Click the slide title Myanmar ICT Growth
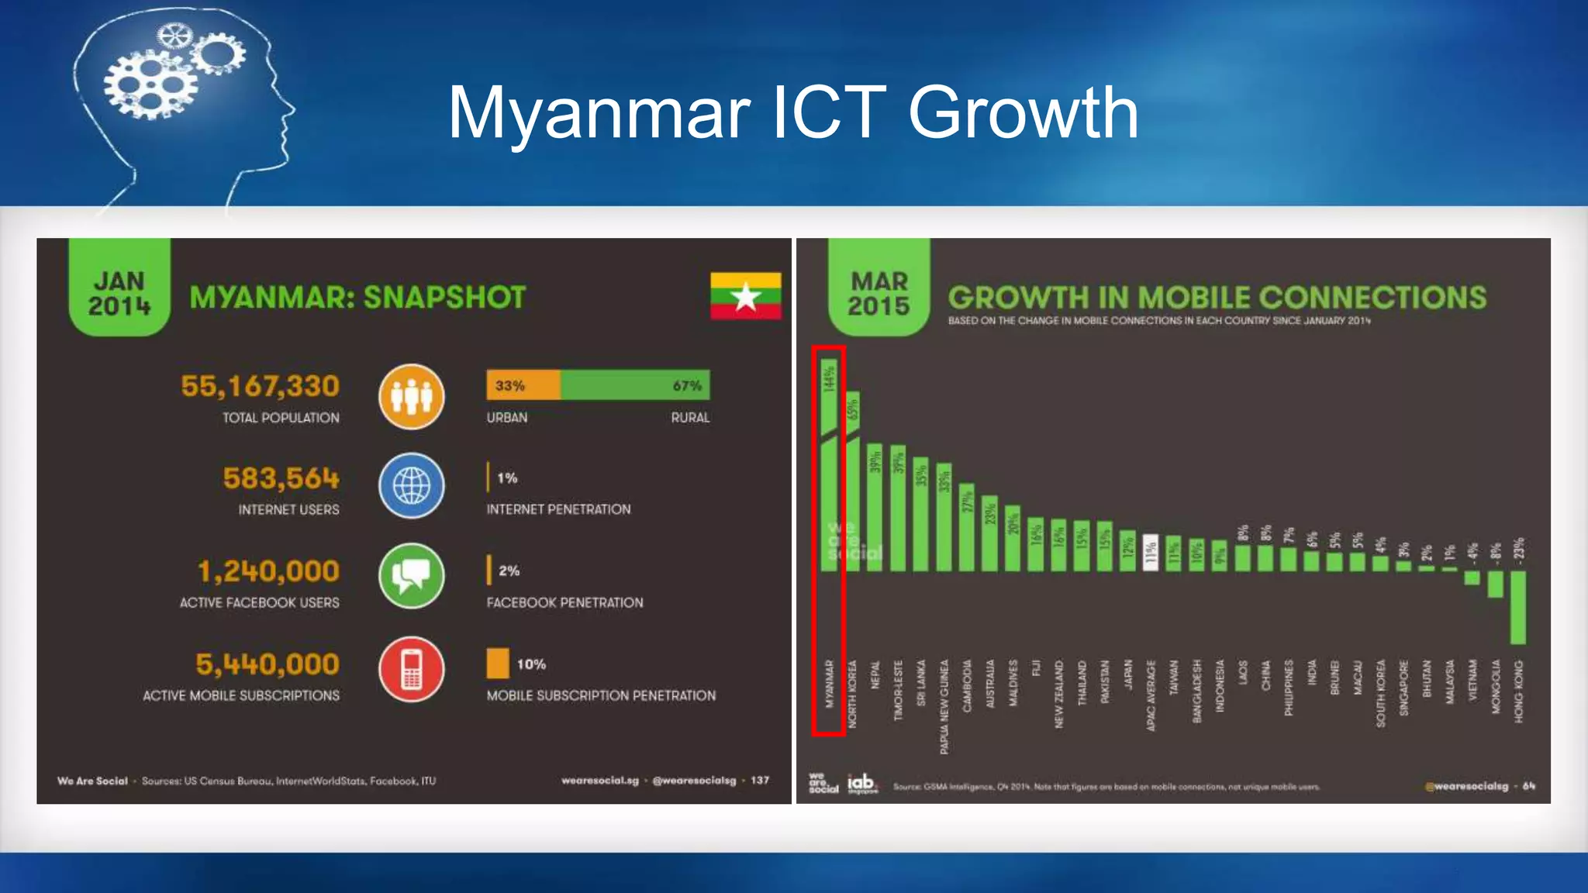pyautogui.click(x=792, y=113)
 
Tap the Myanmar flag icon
pyautogui.click(x=745, y=295)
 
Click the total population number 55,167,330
pyautogui.click(x=260, y=386)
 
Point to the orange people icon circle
pyautogui.click(x=412, y=397)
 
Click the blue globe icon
pyautogui.click(x=412, y=487)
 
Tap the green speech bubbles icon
pyautogui.click(x=412, y=576)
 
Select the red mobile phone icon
pyautogui.click(x=412, y=669)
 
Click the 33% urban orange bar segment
pyautogui.click(x=523, y=385)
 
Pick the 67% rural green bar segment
pyautogui.click(x=634, y=385)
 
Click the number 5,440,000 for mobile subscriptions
pyautogui.click(x=267, y=664)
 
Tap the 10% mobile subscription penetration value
pyautogui.click(x=531, y=664)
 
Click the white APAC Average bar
pyautogui.click(x=1151, y=553)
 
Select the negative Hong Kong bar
pyautogui.click(x=1517, y=607)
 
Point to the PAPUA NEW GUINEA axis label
pyautogui.click(x=944, y=706)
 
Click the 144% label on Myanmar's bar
pyautogui.click(x=829, y=380)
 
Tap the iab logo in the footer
pyautogui.click(x=861, y=784)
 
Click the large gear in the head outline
pyautogui.click(x=150, y=84)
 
